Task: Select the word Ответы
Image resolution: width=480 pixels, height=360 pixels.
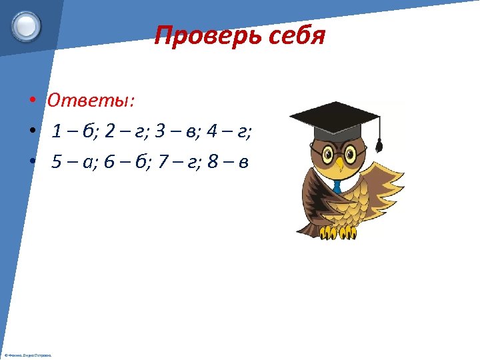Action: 90,100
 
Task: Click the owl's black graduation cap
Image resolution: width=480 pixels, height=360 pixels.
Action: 337,120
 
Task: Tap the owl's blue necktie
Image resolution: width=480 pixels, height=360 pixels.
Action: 337,186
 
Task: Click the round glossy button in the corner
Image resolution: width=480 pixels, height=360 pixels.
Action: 26,27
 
